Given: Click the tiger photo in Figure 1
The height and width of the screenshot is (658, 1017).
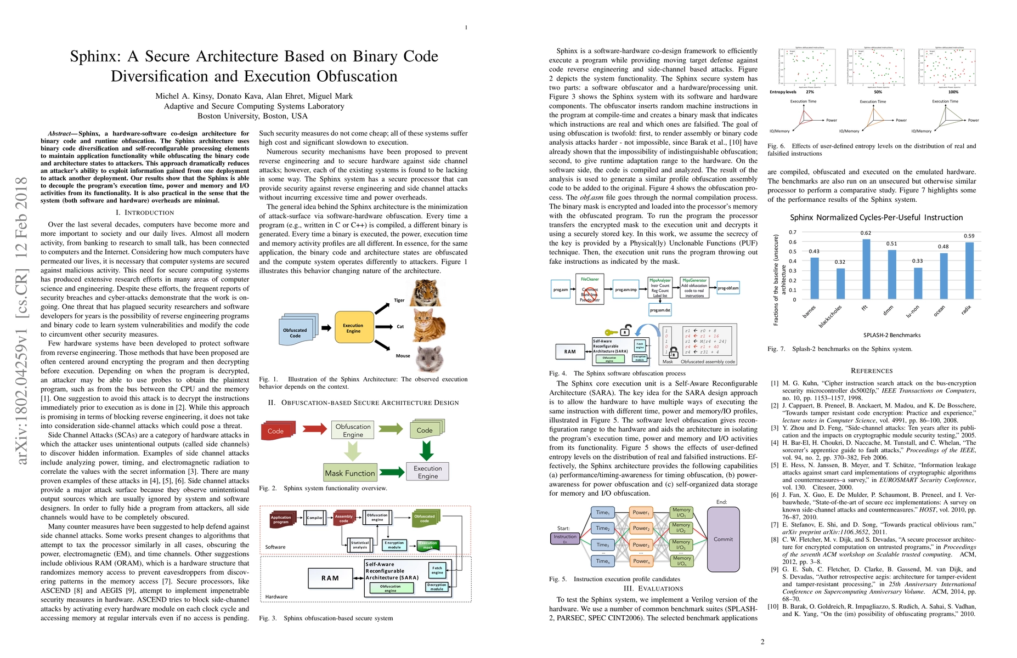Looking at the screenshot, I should click(426, 293).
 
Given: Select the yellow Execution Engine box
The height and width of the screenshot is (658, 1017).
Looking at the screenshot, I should click(354, 328).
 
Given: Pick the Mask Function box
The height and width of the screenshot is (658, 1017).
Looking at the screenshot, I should click(350, 473).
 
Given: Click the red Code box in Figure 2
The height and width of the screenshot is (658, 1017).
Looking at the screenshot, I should click(277, 431).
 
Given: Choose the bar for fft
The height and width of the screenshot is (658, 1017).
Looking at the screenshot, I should click(866, 269).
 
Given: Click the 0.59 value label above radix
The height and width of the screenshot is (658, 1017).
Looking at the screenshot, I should click(969, 236).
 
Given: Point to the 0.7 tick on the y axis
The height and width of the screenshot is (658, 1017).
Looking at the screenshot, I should click(792, 232).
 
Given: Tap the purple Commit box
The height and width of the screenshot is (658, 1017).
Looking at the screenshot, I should click(723, 539).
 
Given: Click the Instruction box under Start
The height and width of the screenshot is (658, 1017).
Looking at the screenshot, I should click(565, 538).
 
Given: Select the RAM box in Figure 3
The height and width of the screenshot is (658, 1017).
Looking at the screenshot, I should click(330, 578).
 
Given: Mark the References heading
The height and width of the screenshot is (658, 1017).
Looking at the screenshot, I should click(872, 371).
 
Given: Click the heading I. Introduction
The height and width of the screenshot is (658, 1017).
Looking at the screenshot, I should click(145, 213).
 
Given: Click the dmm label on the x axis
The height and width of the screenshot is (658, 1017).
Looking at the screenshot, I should click(888, 311).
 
